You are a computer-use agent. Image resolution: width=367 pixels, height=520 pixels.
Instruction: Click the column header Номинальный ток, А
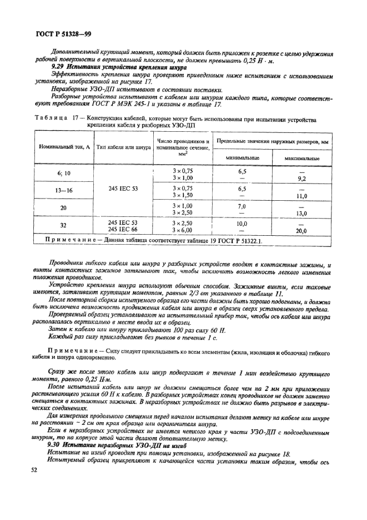point(63,147)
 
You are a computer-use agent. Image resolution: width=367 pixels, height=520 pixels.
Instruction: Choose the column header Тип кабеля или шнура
point(123,147)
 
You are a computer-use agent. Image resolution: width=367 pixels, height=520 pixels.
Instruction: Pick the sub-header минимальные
point(242,157)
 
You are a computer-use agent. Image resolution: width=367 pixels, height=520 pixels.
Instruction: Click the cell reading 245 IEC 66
point(123,229)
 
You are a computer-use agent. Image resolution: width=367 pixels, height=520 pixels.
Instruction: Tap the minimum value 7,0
point(242,205)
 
